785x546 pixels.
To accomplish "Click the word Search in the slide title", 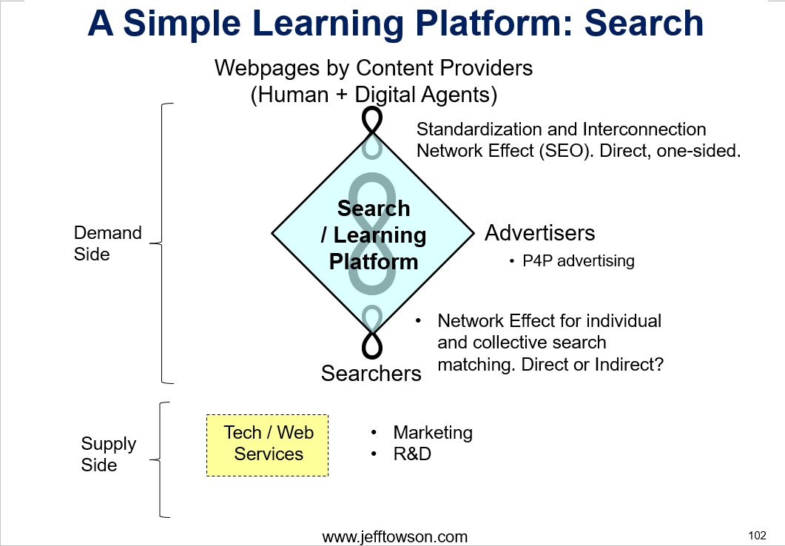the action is (x=644, y=23).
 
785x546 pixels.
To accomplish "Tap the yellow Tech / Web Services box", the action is (x=267, y=445).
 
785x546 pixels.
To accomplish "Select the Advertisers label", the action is (x=539, y=233).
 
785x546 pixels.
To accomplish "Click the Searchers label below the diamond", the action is (x=371, y=374).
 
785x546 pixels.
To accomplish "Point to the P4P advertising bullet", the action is (x=572, y=260).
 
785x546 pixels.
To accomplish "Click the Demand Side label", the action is (x=107, y=243).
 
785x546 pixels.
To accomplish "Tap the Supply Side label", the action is (x=109, y=454).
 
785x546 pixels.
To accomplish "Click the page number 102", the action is (x=757, y=536).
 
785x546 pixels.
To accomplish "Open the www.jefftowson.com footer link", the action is (x=395, y=537).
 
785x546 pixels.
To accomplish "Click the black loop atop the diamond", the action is (x=372, y=121).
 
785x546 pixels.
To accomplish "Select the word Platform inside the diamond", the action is (x=374, y=262).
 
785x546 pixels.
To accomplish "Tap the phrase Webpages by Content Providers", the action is (x=374, y=68).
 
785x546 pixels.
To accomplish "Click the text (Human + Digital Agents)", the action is (x=374, y=95).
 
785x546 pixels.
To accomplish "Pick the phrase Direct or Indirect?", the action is (x=592, y=364).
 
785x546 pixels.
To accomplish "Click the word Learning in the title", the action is (x=328, y=24).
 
